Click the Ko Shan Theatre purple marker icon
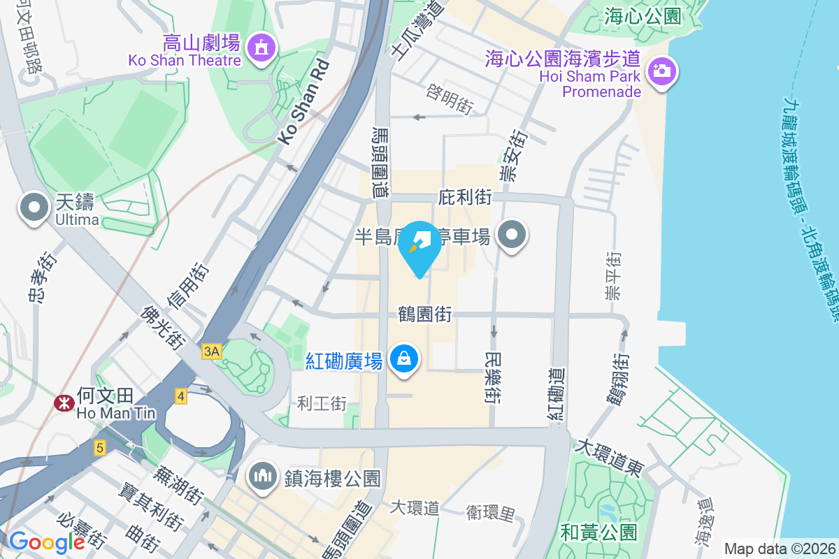click(261, 48)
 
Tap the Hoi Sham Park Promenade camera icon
click(660, 71)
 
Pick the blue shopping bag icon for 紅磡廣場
click(404, 359)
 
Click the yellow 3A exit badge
click(211, 352)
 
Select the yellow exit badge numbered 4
click(181, 397)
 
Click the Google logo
click(47, 542)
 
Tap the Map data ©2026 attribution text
click(779, 549)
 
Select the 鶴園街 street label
click(424, 314)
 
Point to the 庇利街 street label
click(465, 198)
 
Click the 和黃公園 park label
click(599, 532)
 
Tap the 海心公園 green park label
click(643, 16)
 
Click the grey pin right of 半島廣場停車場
click(512, 235)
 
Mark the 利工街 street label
click(322, 403)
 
